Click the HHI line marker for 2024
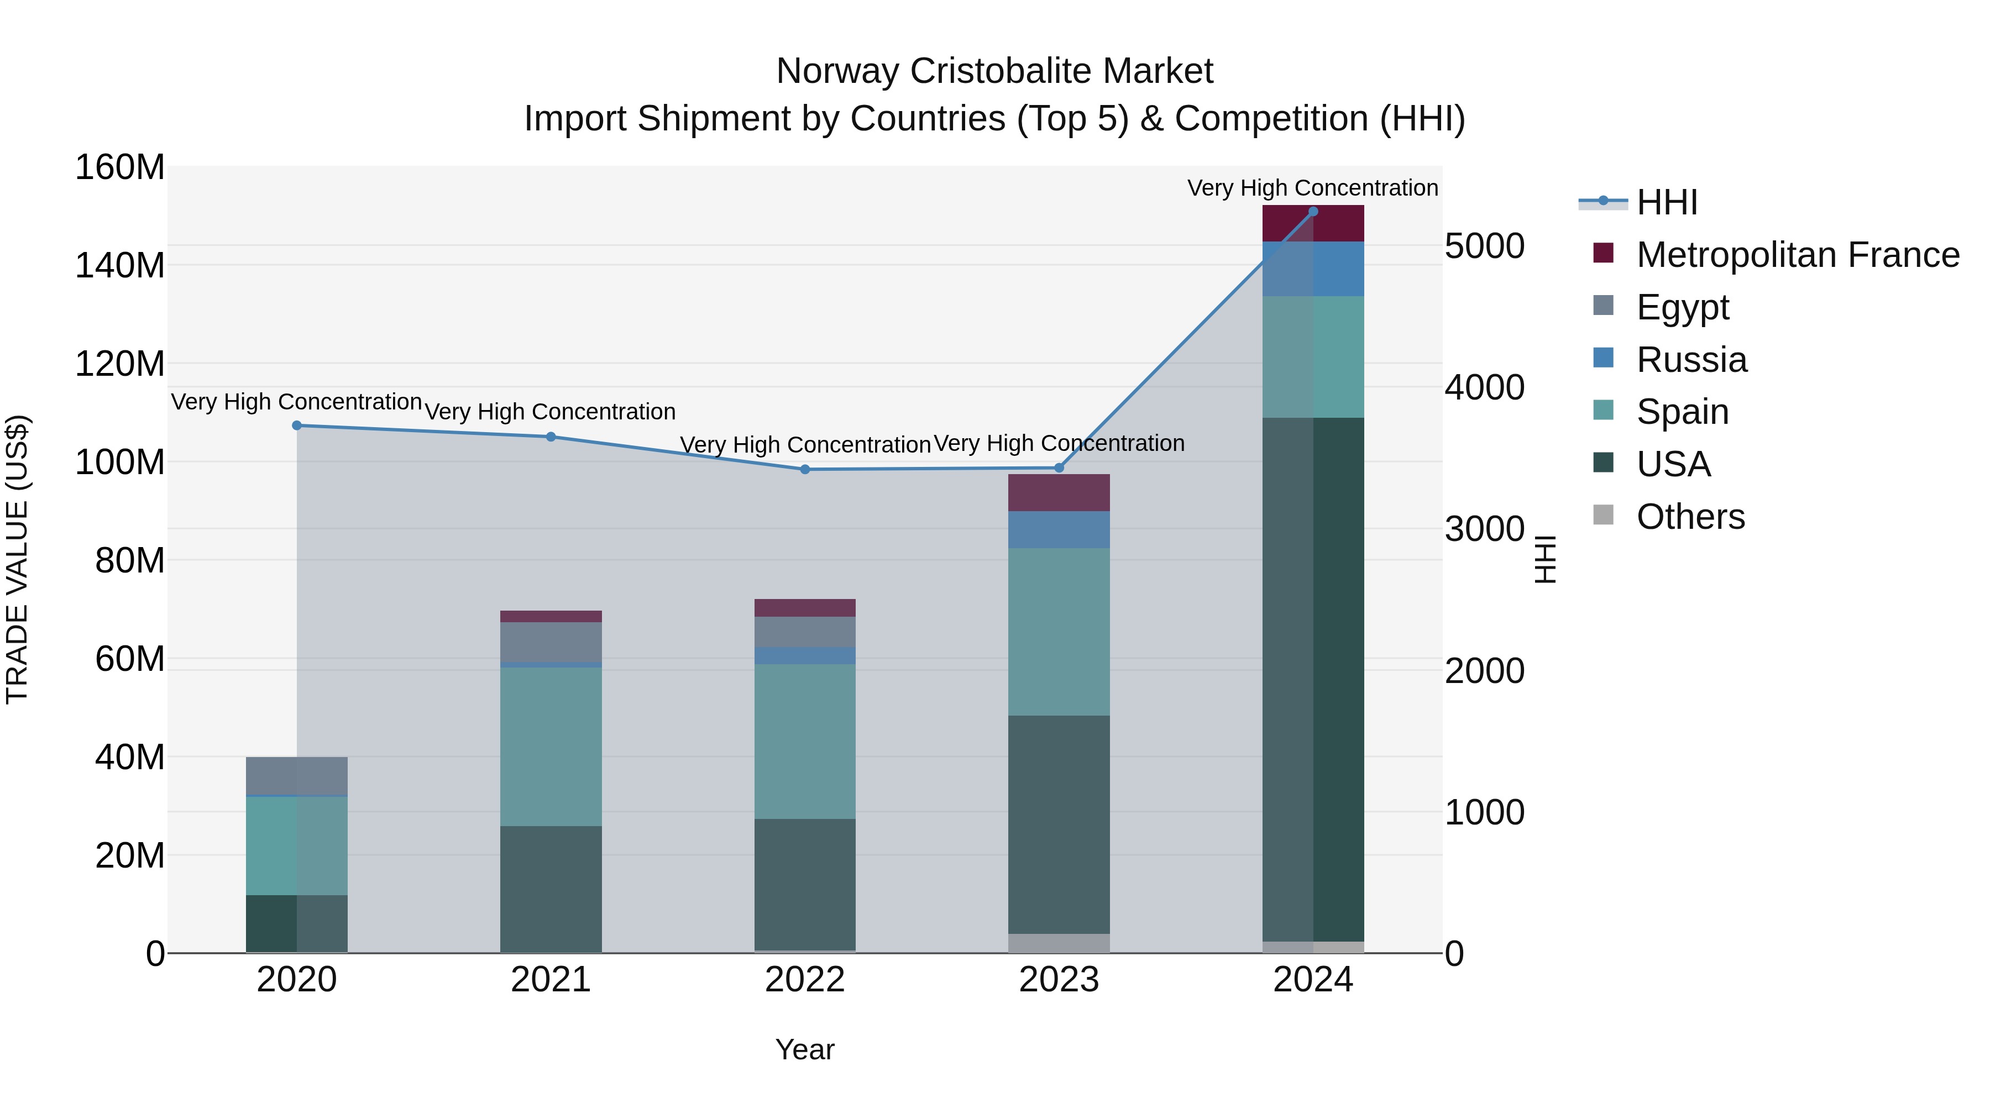[1312, 212]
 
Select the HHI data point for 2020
[297, 425]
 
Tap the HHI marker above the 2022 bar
[805, 470]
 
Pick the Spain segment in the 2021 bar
[551, 746]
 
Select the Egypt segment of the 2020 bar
[297, 775]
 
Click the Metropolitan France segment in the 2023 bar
[1059, 493]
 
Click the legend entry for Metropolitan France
[1797, 255]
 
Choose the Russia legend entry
[1691, 360]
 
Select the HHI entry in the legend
[1666, 202]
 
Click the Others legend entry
[1689, 517]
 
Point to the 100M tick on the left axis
[120, 462]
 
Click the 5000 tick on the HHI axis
[1484, 246]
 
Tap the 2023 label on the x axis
[1059, 980]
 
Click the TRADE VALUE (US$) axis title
[17, 559]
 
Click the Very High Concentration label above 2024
[1312, 188]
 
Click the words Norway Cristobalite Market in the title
[994, 71]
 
